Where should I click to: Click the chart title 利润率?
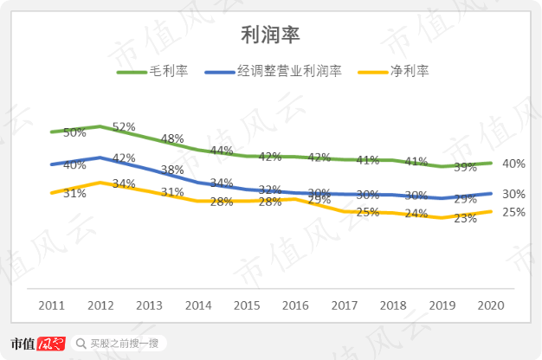pos(270,34)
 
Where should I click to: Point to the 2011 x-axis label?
pos(51,305)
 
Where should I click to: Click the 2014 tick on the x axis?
pos(198,305)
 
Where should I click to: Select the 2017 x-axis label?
pos(345,305)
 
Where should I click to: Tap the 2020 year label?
pos(491,305)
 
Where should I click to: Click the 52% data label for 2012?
pos(124,126)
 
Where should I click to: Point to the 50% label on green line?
pos(74,132)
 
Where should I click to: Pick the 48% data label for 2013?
pos(172,138)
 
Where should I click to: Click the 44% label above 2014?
pos(222,151)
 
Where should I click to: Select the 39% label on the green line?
pos(466,167)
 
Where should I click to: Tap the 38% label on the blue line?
pos(172,170)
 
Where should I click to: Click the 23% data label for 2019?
pos(466,218)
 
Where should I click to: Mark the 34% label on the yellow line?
pos(124,183)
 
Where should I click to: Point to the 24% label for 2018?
pos(416,213)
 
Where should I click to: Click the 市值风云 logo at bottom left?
pos(38,344)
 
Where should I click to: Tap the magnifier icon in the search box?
pos(81,344)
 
